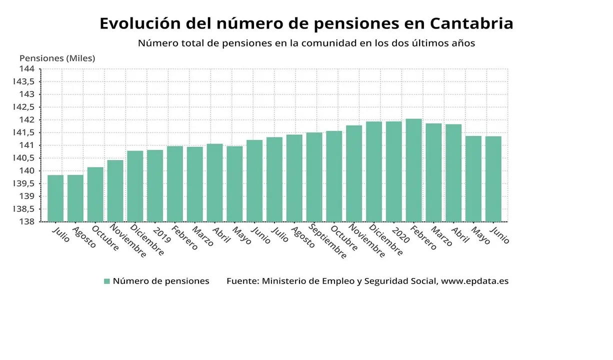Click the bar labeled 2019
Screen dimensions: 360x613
(155, 185)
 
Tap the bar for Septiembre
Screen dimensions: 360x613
(314, 177)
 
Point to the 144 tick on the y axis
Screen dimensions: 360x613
(27, 68)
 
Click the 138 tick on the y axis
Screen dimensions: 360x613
(27, 221)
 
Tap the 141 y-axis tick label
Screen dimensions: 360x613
(27, 145)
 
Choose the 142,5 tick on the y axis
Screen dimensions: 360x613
(25, 107)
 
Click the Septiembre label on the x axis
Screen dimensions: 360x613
(326, 241)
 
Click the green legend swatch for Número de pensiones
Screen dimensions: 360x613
(106, 281)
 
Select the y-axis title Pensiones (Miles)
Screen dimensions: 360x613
(57, 58)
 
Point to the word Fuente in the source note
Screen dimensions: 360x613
(242, 281)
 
